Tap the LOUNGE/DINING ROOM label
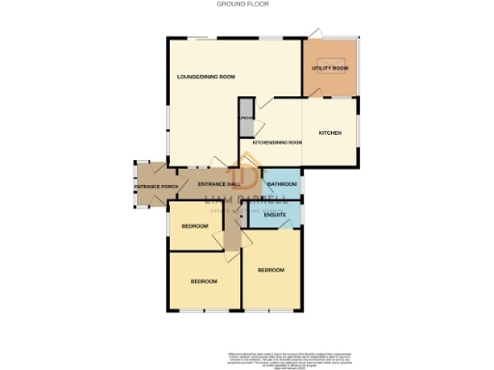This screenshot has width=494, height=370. tap(206, 76)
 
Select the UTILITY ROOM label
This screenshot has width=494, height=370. tap(330, 68)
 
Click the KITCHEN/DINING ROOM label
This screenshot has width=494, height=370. tap(277, 143)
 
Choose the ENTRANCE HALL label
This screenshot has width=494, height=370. tap(217, 184)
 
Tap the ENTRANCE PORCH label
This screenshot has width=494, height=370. tap(156, 185)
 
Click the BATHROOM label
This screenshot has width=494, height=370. tap(281, 183)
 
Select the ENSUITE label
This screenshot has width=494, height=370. tap(275, 215)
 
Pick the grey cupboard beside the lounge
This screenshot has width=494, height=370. tap(246, 116)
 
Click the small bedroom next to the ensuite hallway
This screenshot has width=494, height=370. tap(196, 225)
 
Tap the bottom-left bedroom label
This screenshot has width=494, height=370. tap(203, 280)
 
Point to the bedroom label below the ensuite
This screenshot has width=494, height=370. tap(270, 270)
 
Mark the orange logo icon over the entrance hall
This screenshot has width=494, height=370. tap(247, 178)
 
